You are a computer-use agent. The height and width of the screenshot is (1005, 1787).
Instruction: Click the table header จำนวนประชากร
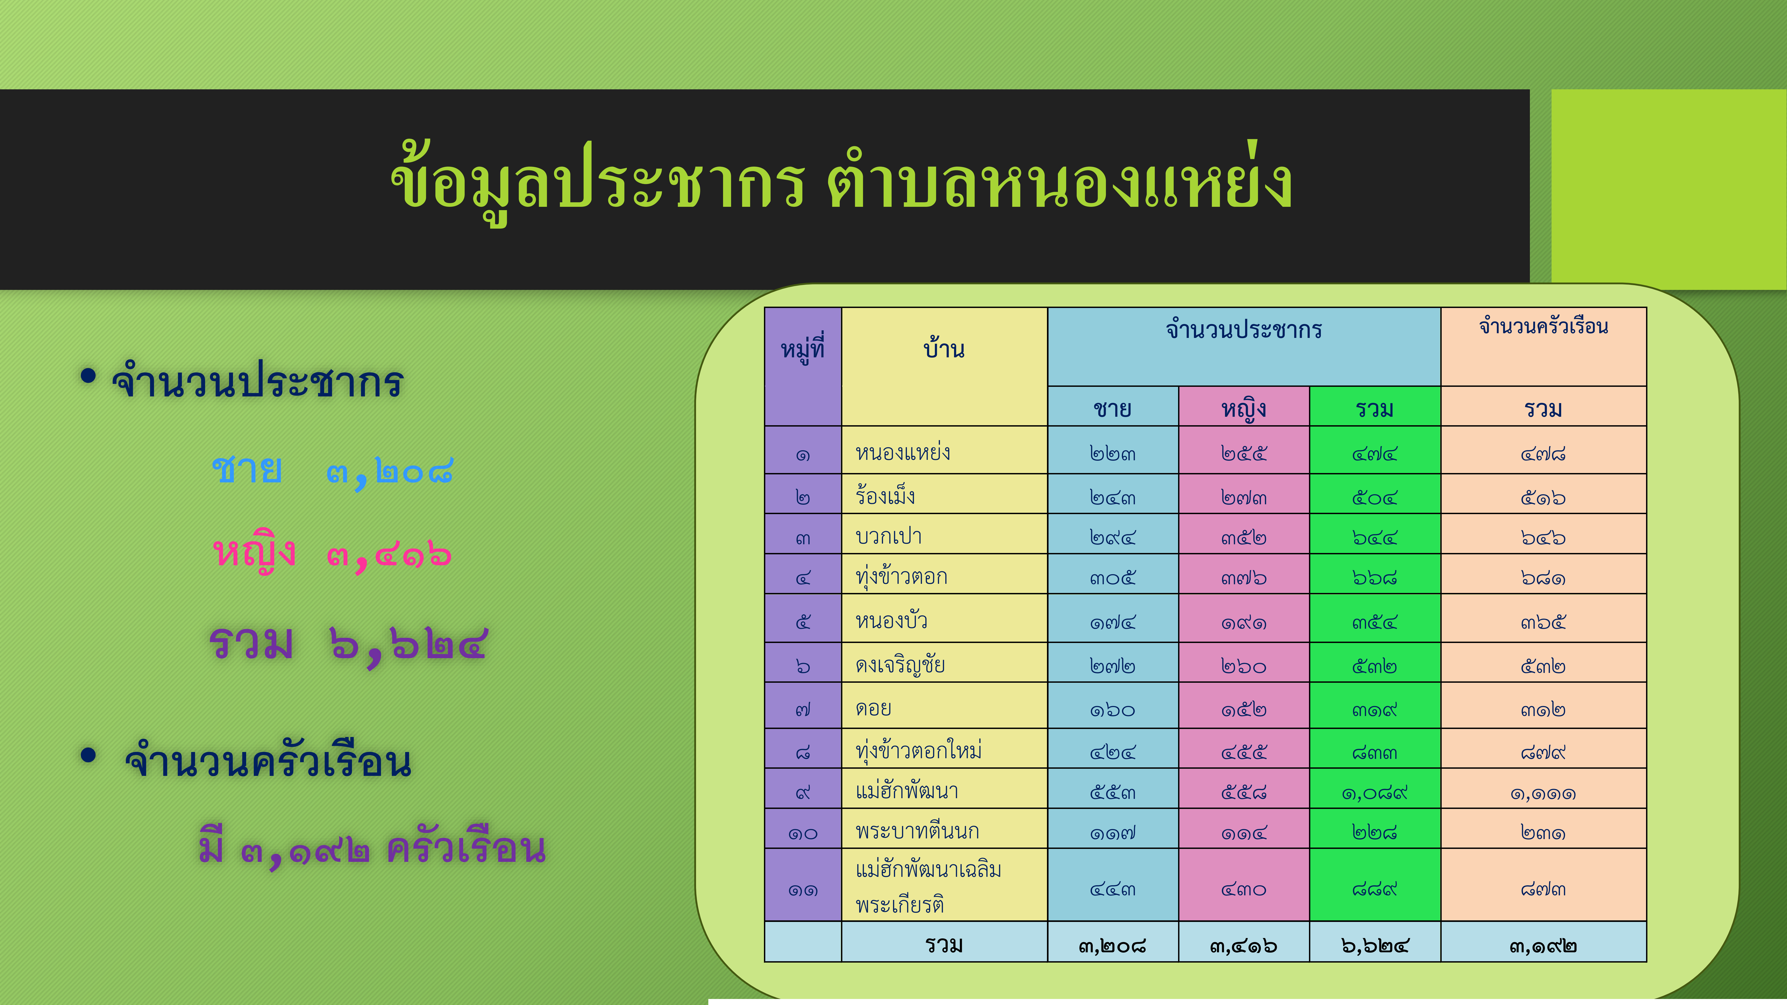1244,329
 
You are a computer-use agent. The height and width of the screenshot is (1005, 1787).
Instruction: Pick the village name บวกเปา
889,536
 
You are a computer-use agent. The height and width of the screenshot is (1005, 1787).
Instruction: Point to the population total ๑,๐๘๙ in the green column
1374,792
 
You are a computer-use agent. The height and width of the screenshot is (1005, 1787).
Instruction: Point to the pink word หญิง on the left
255,553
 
